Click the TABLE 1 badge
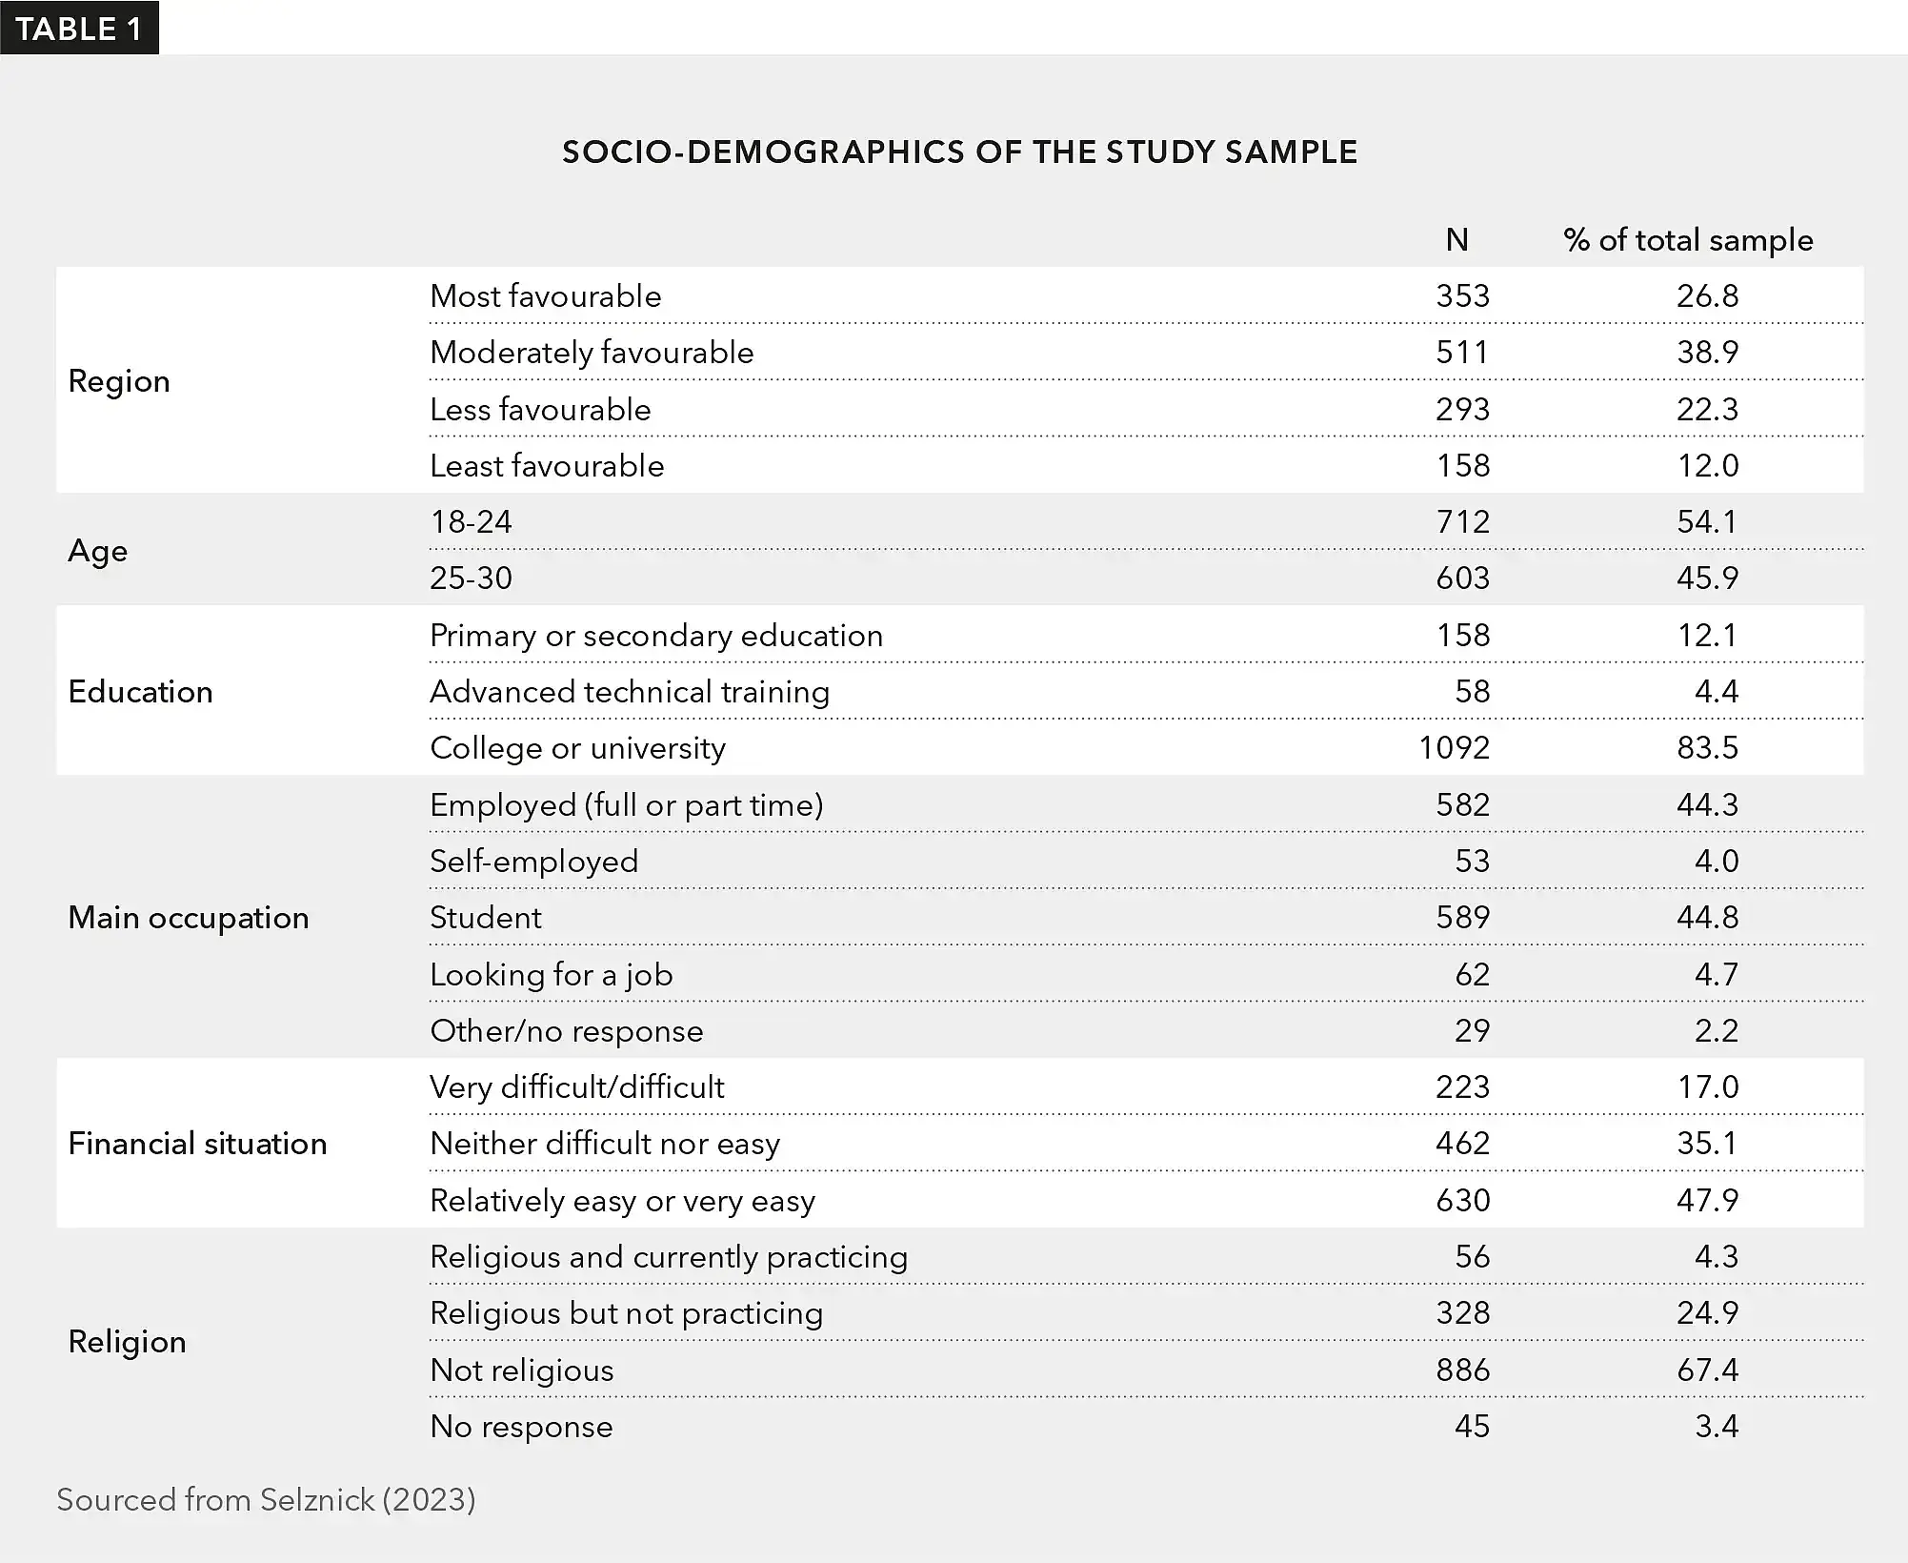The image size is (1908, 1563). point(79,29)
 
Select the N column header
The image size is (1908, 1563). point(1456,240)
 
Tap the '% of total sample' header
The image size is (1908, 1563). point(1688,240)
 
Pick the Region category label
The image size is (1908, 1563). point(119,381)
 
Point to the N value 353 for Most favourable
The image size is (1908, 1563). point(1462,296)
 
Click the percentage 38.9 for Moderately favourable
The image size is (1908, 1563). point(1707,353)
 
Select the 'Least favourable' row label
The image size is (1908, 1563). point(547,466)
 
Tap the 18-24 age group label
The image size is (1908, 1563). point(471,522)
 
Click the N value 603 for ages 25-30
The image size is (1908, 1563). point(1462,579)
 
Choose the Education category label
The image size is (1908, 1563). point(140,692)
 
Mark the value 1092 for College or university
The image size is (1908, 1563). point(1454,748)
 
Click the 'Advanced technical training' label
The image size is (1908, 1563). point(630,692)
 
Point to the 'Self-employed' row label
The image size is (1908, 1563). point(533,862)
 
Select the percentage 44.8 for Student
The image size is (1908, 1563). point(1707,918)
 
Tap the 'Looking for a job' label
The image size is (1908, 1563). point(551,975)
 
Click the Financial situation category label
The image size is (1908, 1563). point(197,1144)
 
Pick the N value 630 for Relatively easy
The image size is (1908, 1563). point(1462,1201)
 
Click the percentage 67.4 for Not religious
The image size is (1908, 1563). point(1707,1370)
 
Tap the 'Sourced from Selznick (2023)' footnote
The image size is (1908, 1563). point(266,1500)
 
